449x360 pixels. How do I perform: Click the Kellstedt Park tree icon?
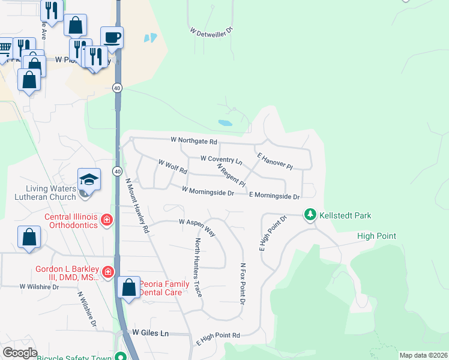point(310,214)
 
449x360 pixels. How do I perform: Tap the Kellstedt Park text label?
point(345,215)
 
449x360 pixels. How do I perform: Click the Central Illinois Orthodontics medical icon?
point(107,220)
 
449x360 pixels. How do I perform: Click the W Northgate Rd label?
point(193,141)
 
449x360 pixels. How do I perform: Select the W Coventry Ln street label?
point(220,159)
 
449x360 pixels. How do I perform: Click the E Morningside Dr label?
point(274,196)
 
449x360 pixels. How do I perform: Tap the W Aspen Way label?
point(197,223)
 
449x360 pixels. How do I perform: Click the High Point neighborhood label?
point(376,236)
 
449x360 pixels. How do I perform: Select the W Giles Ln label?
point(149,332)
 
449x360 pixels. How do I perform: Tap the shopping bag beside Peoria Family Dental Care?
point(129,287)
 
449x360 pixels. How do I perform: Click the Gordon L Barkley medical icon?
point(108,273)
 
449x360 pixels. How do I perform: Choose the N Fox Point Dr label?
point(243,284)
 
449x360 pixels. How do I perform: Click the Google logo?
point(20,353)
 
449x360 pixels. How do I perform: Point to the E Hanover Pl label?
point(274,161)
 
